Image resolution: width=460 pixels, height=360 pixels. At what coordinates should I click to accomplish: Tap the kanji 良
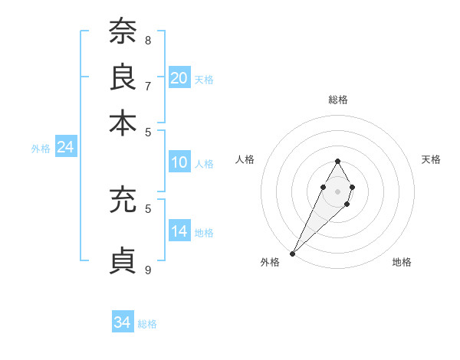pyautogui.click(x=123, y=76)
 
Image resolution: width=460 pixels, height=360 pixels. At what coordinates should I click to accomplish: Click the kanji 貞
pyautogui.click(x=123, y=260)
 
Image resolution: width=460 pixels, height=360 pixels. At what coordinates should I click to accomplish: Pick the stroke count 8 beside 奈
pyautogui.click(x=148, y=40)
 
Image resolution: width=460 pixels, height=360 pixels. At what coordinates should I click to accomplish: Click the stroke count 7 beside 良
pyautogui.click(x=148, y=86)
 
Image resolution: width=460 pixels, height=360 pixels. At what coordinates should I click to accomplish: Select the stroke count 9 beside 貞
pyautogui.click(x=148, y=270)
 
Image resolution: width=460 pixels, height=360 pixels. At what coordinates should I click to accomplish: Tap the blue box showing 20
pyautogui.click(x=179, y=77)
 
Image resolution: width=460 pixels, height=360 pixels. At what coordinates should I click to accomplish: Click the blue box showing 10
pyautogui.click(x=179, y=162)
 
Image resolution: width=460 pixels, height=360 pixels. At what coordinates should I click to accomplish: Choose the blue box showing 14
pyautogui.click(x=179, y=231)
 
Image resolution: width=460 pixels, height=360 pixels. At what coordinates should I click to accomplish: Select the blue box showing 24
pyautogui.click(x=65, y=147)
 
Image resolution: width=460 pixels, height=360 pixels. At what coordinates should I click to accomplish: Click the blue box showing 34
pyautogui.click(x=123, y=322)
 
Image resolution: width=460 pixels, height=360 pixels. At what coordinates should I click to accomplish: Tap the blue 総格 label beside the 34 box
pyautogui.click(x=147, y=324)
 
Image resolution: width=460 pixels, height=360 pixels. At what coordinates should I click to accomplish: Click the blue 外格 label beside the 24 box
pyautogui.click(x=41, y=149)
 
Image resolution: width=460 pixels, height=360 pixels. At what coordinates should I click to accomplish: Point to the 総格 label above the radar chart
pyautogui.click(x=337, y=100)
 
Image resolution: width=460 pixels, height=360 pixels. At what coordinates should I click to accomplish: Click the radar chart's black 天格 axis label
pyautogui.click(x=432, y=159)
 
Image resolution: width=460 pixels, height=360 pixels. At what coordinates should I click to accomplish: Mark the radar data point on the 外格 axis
pyautogui.click(x=293, y=253)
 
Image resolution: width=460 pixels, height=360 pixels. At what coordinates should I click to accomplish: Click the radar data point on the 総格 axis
pyautogui.click(x=337, y=161)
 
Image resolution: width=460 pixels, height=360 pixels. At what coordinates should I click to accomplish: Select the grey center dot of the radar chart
pyautogui.click(x=337, y=190)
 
